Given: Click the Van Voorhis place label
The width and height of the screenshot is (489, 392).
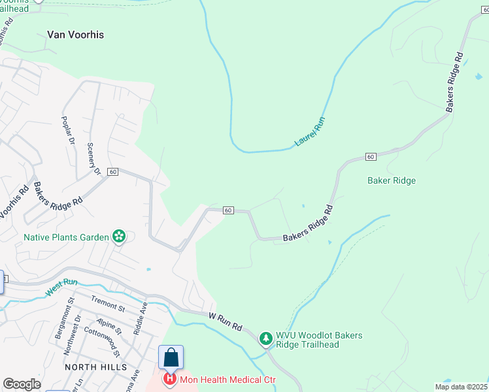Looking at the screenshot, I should [x=75, y=35].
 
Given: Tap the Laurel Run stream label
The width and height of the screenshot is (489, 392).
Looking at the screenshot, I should [x=310, y=131].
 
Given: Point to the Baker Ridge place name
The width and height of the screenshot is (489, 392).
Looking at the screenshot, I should [x=392, y=180].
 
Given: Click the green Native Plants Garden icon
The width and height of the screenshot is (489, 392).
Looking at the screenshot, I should [x=119, y=236].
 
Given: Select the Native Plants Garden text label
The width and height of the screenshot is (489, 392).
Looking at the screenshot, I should [x=66, y=237].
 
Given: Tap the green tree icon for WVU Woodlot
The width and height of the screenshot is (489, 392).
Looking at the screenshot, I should [x=265, y=338].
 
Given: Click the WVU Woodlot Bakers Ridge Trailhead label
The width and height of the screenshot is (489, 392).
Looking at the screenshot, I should [x=318, y=340].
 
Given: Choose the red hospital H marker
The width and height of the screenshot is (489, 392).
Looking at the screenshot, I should [x=170, y=379].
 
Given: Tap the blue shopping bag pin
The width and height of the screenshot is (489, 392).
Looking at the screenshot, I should [x=171, y=357].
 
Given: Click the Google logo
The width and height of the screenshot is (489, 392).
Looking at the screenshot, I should [x=22, y=384].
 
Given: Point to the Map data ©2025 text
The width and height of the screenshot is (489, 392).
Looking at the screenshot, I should [x=462, y=387].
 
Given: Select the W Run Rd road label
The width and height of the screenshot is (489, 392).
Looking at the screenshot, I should [x=226, y=321].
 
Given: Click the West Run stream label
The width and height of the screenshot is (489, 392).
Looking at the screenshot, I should [x=62, y=287].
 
